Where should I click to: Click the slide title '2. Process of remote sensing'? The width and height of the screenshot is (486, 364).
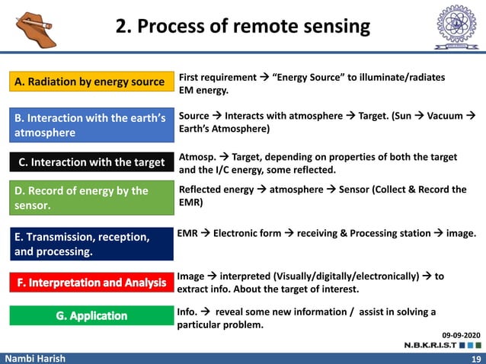(242, 27)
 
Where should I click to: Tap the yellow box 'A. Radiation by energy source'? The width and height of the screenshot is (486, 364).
(91, 81)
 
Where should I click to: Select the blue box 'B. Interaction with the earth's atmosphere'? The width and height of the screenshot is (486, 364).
(91, 126)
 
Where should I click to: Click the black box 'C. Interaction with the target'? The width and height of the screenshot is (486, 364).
(91, 162)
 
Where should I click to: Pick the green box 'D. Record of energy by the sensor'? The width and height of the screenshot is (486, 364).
(91, 198)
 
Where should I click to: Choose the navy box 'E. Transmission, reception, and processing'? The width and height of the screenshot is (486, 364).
(91, 244)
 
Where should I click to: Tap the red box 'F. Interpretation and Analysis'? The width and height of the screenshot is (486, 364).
(91, 283)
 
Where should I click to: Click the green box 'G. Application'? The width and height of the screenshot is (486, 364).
(91, 315)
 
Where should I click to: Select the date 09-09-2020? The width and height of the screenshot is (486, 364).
(462, 334)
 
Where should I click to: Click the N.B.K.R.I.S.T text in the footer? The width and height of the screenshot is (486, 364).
(430, 345)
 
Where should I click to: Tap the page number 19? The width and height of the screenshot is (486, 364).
(476, 358)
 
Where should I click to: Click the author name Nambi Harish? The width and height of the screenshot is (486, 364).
(33, 358)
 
